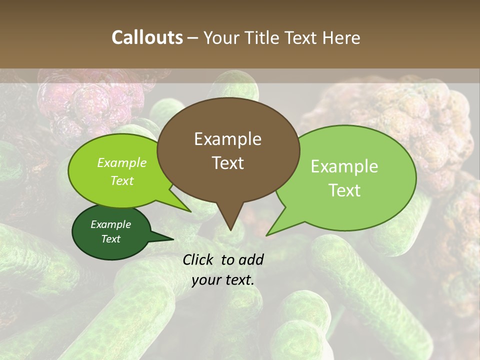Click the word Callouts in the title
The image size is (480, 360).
point(147,37)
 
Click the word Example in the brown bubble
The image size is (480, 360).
point(227,139)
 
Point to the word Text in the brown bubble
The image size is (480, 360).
point(227,162)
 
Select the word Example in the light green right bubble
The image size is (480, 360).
point(344,166)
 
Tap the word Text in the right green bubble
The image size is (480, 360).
point(344,190)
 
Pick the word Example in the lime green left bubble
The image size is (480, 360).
point(122,162)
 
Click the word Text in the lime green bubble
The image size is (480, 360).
point(122,180)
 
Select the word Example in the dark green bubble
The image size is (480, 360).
point(110,224)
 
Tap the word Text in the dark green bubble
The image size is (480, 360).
point(110,239)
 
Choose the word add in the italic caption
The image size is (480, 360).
point(251,259)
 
